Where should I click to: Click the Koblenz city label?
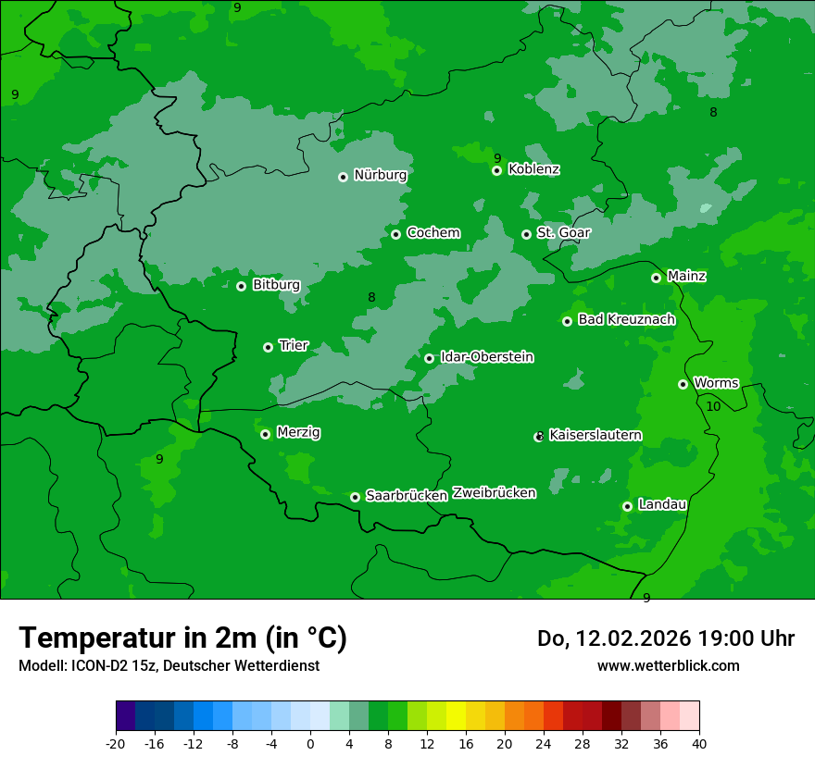tap(533, 169)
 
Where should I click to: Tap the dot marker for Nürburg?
tap(343, 177)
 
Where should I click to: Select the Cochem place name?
tap(433, 233)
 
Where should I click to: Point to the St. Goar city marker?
tap(526, 234)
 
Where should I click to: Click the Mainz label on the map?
tap(686, 277)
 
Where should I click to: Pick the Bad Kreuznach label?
tap(626, 320)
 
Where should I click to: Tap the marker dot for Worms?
tap(683, 384)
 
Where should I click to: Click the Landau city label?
tap(662, 505)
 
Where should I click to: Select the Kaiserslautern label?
tap(596, 436)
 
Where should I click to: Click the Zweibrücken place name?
tap(494, 493)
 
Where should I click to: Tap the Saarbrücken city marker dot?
tap(355, 497)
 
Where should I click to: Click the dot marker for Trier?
tap(268, 347)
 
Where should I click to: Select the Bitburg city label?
tap(276, 285)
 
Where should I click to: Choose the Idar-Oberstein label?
tap(486, 357)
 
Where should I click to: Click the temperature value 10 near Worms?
tap(713, 407)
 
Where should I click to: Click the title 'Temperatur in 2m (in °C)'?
tap(182, 638)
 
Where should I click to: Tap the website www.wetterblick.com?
tap(668, 666)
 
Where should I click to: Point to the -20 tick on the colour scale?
tap(116, 744)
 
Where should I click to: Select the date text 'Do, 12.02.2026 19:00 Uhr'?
tap(666, 638)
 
